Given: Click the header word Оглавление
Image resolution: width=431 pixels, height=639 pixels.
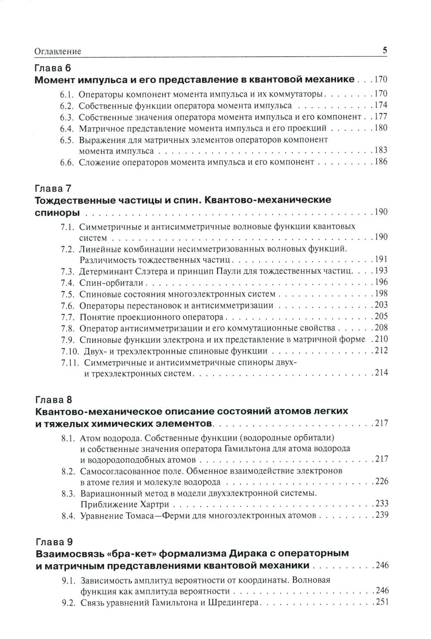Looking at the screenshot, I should tap(57, 51).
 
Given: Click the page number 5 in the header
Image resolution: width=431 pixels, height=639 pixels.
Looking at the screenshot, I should tap(385, 50).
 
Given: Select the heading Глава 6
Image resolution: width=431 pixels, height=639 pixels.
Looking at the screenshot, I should tap(52, 68).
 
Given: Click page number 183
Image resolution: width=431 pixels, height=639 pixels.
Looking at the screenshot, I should tap(381, 150).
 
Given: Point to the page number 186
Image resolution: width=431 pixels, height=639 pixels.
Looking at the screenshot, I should tap(381, 162).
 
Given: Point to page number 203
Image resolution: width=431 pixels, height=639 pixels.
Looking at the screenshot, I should tap(381, 305).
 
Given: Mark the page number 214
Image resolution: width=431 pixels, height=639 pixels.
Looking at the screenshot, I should tap(381, 373).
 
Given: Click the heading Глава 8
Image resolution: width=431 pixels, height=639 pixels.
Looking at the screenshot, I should tap(52, 398).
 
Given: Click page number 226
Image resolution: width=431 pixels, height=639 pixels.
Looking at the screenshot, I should tap(381, 481).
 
